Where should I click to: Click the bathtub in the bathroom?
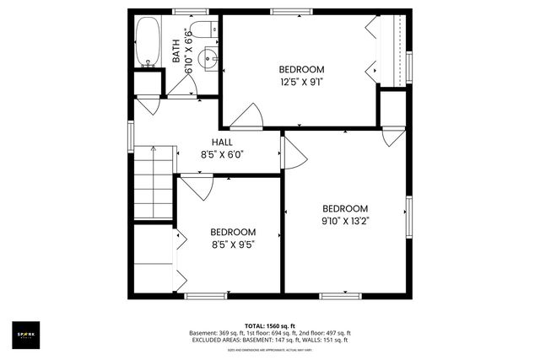coord(148,42)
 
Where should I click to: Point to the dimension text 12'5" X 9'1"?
coord(301,82)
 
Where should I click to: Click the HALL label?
coord(222,142)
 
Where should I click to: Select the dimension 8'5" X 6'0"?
coord(222,154)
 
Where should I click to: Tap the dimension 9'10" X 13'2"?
coord(345,221)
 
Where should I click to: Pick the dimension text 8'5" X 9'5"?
coord(232,244)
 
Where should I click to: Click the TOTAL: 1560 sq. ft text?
coord(269,325)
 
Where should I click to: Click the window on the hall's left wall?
coord(130,135)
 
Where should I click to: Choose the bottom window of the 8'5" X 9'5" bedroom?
coord(206,295)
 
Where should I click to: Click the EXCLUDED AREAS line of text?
coord(269,340)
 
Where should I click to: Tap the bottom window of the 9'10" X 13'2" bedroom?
coord(341,295)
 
